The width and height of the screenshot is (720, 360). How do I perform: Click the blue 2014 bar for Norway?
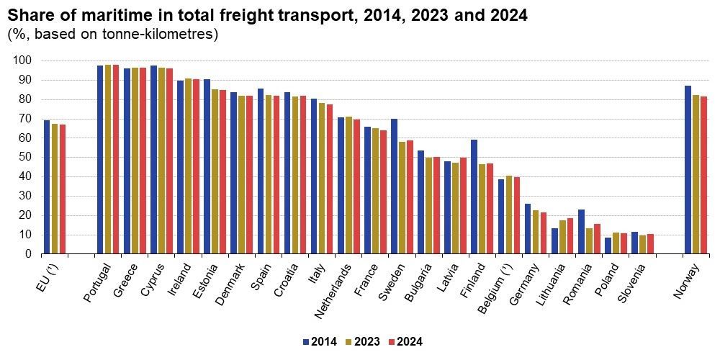pyautogui.click(x=688, y=170)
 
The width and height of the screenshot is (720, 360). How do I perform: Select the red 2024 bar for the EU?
pyautogui.click(x=63, y=189)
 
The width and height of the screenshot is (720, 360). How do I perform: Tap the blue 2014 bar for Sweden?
pyautogui.click(x=394, y=186)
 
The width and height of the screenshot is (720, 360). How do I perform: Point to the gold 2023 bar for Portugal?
pyautogui.click(x=108, y=159)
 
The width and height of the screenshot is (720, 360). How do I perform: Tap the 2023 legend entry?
pyautogui.click(x=364, y=341)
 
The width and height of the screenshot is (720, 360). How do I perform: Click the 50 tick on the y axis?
pyautogui.click(x=25, y=157)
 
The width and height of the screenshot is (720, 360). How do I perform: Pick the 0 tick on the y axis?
pyautogui.click(x=28, y=254)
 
